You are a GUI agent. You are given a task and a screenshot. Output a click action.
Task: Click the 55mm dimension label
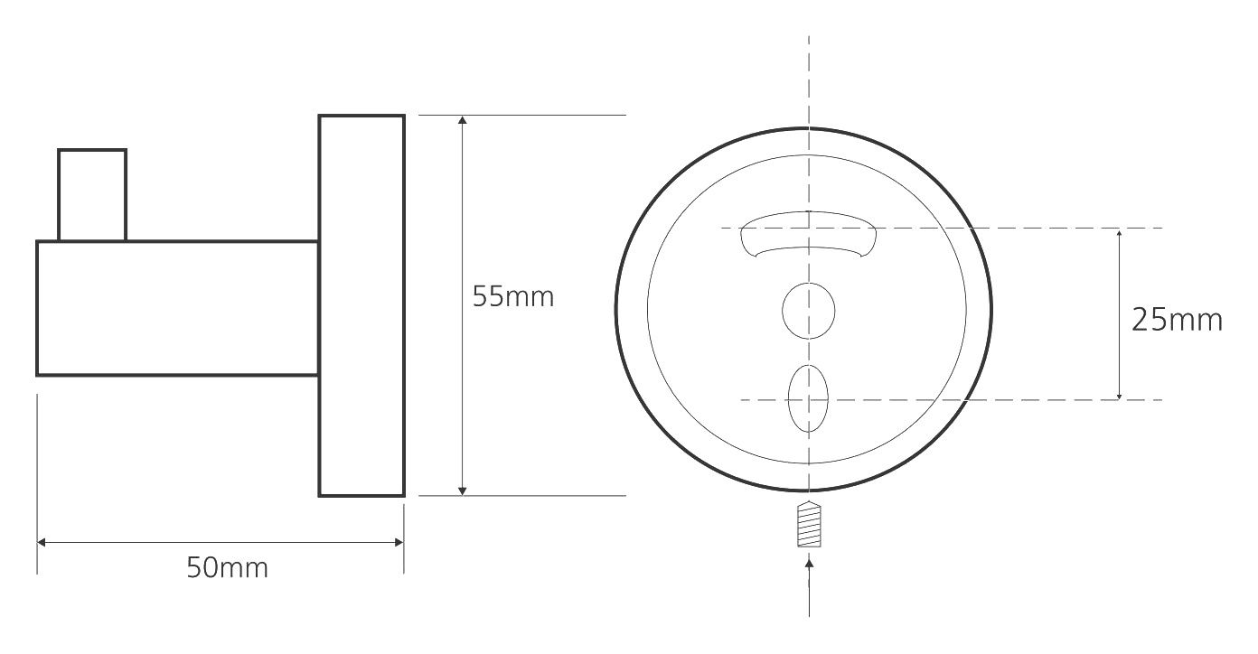512,296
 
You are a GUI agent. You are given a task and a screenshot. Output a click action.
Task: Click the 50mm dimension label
228,567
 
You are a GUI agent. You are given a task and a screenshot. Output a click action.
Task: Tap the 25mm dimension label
1177,320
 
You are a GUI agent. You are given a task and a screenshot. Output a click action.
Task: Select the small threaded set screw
809,524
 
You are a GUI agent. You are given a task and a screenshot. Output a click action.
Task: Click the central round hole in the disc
808,311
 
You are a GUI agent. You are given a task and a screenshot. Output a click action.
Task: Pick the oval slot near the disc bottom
808,398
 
